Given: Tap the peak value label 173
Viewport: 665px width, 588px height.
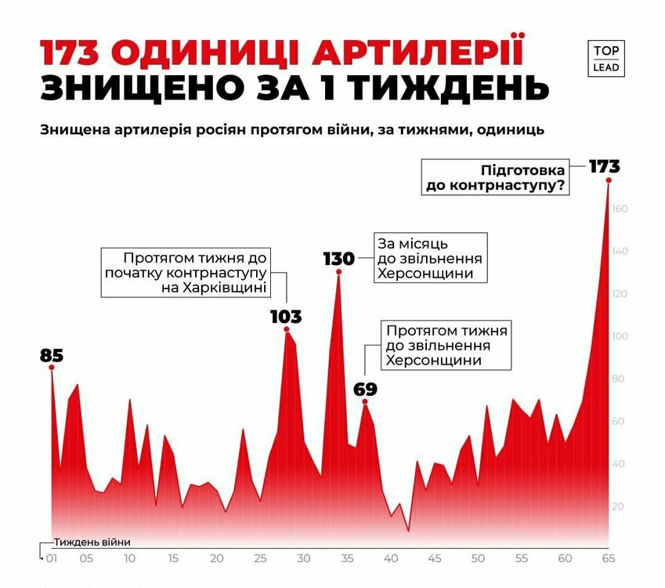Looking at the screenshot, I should pyautogui.click(x=604, y=166).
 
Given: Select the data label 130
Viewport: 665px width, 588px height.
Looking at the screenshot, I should pyautogui.click(x=338, y=259).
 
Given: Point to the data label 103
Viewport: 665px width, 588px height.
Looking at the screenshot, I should pyautogui.click(x=286, y=317).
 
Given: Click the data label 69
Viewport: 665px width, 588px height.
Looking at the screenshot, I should pyautogui.click(x=365, y=389).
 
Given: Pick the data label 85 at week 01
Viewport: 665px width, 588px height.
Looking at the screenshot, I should pyautogui.click(x=51, y=355).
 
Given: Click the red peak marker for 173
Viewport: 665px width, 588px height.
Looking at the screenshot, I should pyautogui.click(x=609, y=180).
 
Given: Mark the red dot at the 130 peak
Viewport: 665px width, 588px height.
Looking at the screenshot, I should pyautogui.click(x=339, y=272).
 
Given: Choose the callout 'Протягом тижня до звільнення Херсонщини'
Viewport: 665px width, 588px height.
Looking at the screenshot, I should pyautogui.click(x=446, y=345).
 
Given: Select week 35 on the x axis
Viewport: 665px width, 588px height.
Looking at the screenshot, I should pyautogui.click(x=346, y=559).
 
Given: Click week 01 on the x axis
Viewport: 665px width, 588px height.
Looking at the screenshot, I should pyautogui.click(x=52, y=559).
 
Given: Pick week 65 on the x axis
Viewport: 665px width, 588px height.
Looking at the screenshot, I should pyautogui.click(x=608, y=559).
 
